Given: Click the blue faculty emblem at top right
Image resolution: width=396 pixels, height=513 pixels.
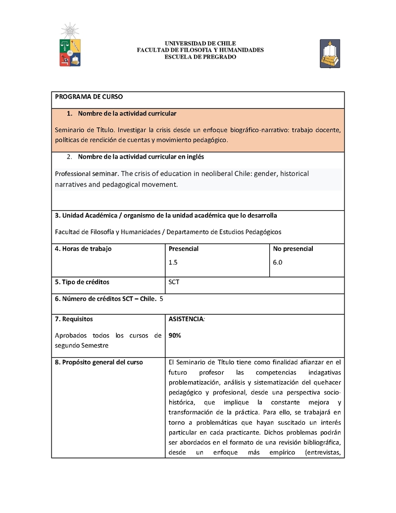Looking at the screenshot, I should pyautogui.click(x=329, y=54).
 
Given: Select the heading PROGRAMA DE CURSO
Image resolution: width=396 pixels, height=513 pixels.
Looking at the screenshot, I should pyautogui.click(x=89, y=97).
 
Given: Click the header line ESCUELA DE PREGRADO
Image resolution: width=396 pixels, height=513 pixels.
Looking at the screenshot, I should pyautogui.click(x=200, y=57).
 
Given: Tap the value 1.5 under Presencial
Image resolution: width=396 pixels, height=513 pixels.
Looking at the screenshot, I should pyautogui.click(x=173, y=263).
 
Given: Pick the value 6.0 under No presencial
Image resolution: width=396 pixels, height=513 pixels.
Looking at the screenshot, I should pyautogui.click(x=277, y=263).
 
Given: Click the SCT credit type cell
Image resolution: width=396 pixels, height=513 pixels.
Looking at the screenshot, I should pyautogui.click(x=174, y=282).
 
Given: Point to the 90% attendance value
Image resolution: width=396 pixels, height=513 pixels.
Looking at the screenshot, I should pyautogui.click(x=175, y=335).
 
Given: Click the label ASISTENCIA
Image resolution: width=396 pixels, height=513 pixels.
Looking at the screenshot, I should pyautogui.click(x=186, y=319).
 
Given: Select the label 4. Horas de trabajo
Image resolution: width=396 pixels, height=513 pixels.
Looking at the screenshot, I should pyautogui.click(x=83, y=249).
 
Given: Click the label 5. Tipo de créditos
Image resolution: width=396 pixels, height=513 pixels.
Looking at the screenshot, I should pyautogui.click(x=82, y=282).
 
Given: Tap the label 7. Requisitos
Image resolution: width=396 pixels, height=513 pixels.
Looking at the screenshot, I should pyautogui.click(x=74, y=319).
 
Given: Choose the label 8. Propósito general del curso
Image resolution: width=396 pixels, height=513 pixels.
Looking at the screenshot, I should pyautogui.click(x=99, y=362).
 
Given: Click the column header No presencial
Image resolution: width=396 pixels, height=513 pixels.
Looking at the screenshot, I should pyautogui.click(x=293, y=249).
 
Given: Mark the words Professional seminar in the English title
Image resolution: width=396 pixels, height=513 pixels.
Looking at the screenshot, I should pyautogui.click(x=87, y=174).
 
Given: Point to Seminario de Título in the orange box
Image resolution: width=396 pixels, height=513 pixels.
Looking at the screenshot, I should pyautogui.click(x=84, y=130).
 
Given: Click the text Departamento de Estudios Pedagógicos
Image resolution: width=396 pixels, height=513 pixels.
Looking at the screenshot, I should pyautogui.click(x=224, y=231).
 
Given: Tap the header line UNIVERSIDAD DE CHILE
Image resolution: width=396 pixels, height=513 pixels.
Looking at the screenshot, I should pyautogui.click(x=200, y=44).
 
